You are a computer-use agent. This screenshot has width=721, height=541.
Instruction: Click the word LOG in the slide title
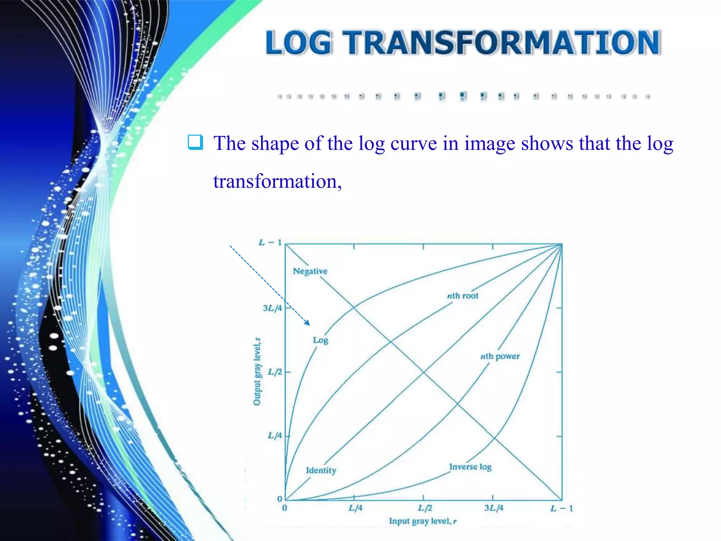pyautogui.click(x=299, y=43)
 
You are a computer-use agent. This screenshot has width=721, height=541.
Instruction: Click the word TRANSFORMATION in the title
pyautogui.click(x=502, y=43)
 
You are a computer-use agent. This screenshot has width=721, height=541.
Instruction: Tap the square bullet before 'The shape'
pyautogui.click(x=195, y=142)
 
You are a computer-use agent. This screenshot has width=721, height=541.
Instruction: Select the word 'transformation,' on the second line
pyautogui.click(x=277, y=182)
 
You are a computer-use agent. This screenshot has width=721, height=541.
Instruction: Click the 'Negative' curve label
pyautogui.click(x=310, y=271)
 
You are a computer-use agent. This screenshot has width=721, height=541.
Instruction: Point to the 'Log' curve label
pyautogui.click(x=320, y=340)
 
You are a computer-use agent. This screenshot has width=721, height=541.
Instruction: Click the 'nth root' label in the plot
pyautogui.click(x=463, y=296)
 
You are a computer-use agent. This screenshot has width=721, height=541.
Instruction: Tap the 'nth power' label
pyautogui.click(x=500, y=356)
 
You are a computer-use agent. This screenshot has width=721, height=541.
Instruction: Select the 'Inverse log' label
pyautogui.click(x=470, y=467)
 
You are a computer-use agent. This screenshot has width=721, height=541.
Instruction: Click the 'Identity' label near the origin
pyautogui.click(x=321, y=471)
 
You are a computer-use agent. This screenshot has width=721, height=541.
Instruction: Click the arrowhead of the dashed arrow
pyautogui.click(x=307, y=323)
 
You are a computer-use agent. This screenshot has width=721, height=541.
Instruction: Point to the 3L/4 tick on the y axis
pyautogui.click(x=272, y=309)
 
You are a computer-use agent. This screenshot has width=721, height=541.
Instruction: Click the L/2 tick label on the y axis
pyautogui.click(x=275, y=372)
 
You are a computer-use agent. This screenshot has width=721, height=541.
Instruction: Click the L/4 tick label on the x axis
pyautogui.click(x=355, y=508)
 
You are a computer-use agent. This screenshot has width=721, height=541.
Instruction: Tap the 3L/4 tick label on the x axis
pyautogui.click(x=494, y=508)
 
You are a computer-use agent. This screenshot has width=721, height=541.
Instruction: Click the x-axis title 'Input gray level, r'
pyautogui.click(x=422, y=521)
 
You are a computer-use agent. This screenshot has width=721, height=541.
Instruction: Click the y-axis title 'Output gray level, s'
pyautogui.click(x=257, y=372)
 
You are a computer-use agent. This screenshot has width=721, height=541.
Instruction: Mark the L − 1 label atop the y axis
pyautogui.click(x=270, y=243)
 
